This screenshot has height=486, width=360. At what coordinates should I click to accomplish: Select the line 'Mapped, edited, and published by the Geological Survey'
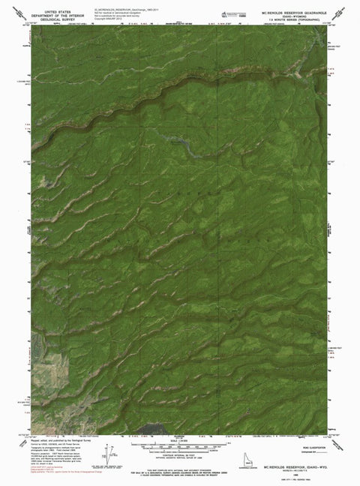coord(52,442)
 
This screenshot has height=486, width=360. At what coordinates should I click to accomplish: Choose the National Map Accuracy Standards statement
coord(180,467)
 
